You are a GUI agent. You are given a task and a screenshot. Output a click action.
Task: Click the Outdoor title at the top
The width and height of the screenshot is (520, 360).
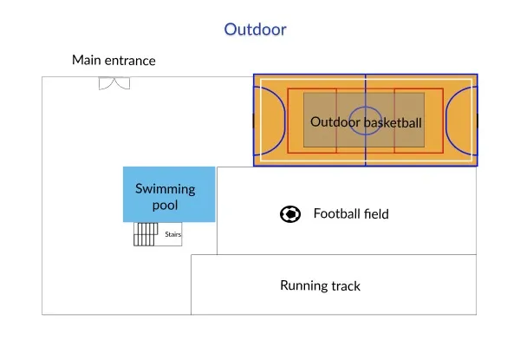tap(255, 29)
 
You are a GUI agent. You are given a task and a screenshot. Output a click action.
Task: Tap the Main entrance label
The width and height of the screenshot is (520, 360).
tap(114, 61)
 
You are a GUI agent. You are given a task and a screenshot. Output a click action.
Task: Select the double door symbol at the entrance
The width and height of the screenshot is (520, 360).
tap(114, 83)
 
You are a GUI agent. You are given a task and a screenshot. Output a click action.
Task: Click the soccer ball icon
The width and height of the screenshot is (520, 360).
tap(290, 213)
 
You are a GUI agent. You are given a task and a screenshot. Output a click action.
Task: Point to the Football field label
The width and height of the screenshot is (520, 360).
tap(351, 213)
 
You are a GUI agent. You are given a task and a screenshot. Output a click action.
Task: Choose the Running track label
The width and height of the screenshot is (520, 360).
tap(320, 285)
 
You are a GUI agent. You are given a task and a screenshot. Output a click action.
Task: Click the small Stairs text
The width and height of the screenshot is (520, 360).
tap(172, 234)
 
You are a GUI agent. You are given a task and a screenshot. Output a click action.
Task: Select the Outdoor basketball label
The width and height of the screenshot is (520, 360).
tap(366, 123)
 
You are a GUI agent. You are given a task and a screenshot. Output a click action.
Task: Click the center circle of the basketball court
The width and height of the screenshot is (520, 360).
tap(365, 119)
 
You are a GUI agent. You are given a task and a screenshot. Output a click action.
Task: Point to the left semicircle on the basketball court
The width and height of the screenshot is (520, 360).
tap(271, 120)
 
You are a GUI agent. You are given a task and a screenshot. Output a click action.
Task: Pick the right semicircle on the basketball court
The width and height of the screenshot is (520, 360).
tap(458, 120)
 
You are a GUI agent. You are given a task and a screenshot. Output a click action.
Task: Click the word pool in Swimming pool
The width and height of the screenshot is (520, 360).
tap(165, 206)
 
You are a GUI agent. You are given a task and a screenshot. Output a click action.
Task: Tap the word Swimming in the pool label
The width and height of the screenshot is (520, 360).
tap(165, 189)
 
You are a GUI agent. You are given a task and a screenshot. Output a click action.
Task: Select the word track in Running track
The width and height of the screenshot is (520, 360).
tap(345, 285)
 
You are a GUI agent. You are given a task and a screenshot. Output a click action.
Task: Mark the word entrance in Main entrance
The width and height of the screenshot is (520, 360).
tap(130, 61)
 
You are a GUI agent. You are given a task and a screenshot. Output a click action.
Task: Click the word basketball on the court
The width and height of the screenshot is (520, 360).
tap(393, 123)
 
